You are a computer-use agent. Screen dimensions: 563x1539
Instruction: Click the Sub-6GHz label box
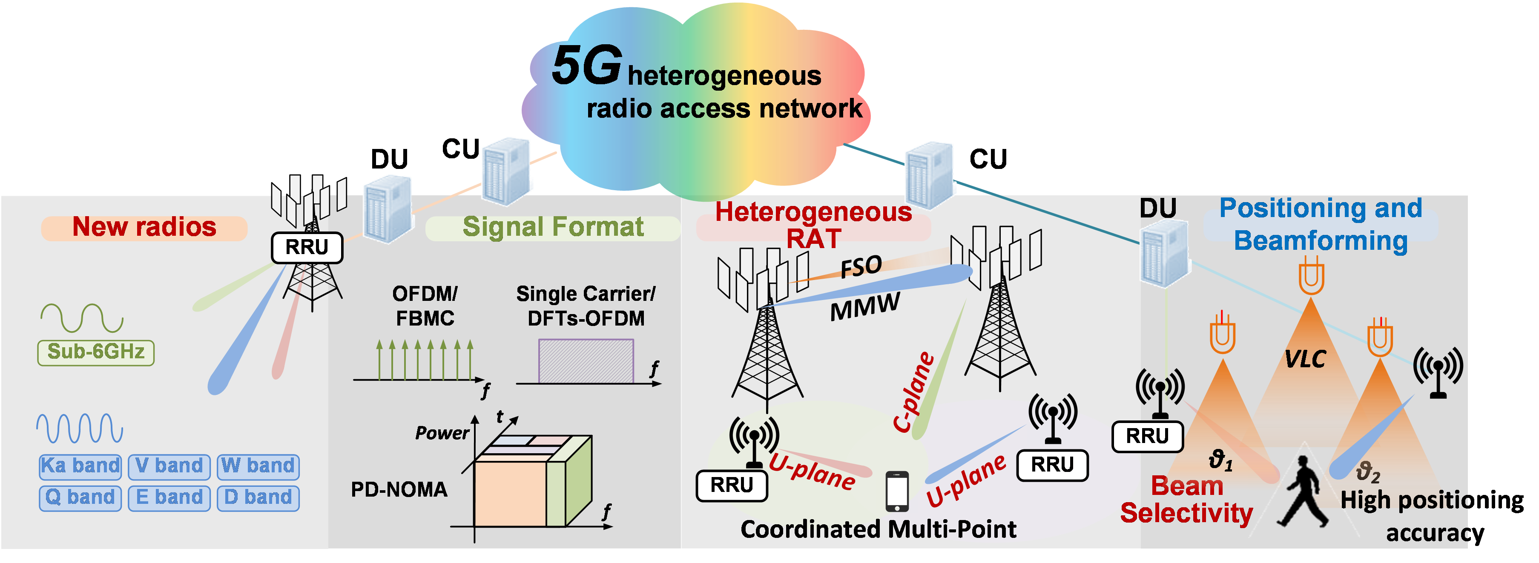pos(95,352)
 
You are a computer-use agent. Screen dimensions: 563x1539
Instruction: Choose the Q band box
pos(80,498)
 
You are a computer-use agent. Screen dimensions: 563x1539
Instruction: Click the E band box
pos(169,498)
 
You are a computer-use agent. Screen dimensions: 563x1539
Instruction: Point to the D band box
pos(258,498)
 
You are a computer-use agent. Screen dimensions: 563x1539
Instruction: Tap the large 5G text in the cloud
pos(586,66)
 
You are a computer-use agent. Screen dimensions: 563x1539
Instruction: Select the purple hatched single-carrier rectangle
pos(586,361)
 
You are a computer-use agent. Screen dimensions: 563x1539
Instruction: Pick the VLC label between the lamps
pos(1305,360)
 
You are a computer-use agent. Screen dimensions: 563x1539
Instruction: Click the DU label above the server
pos(1158,209)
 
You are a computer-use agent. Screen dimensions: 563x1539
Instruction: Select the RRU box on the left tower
pos(307,248)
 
